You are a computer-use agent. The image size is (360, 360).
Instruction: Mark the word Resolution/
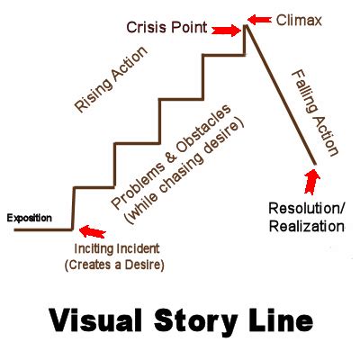(305, 209)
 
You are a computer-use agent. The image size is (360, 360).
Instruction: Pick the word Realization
(305, 226)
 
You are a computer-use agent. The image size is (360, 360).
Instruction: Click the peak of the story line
(246, 27)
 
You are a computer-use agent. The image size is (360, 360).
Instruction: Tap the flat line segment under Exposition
(40, 229)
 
